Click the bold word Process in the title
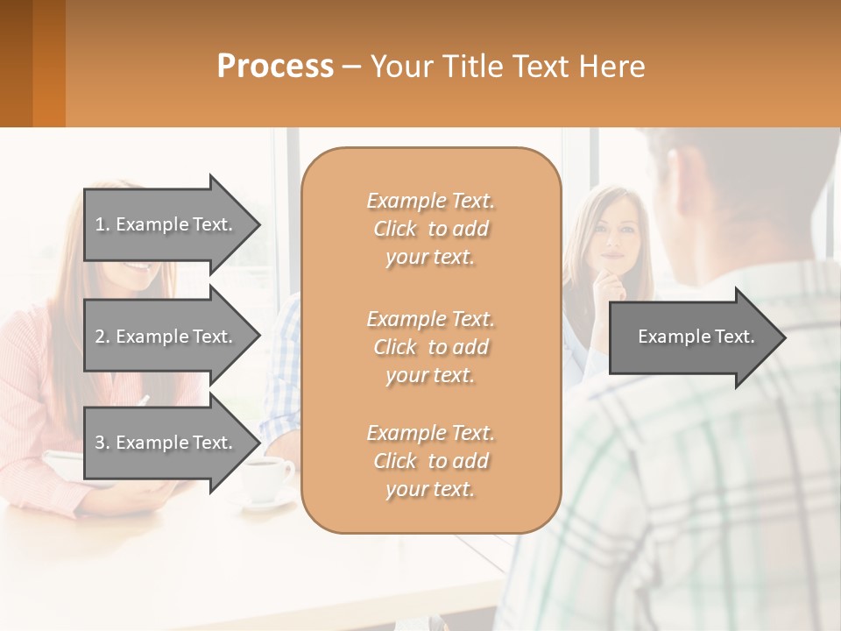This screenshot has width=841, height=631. click(x=275, y=67)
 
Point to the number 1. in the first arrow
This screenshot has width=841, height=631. click(x=102, y=224)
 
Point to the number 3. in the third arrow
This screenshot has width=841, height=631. click(x=102, y=443)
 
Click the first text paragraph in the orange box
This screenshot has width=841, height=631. click(x=430, y=229)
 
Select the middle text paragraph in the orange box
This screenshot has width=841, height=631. click(x=430, y=347)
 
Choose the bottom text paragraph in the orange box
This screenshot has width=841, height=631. click(x=430, y=461)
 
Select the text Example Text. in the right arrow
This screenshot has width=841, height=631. click(x=696, y=337)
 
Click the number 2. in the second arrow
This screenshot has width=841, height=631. click(x=102, y=337)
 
